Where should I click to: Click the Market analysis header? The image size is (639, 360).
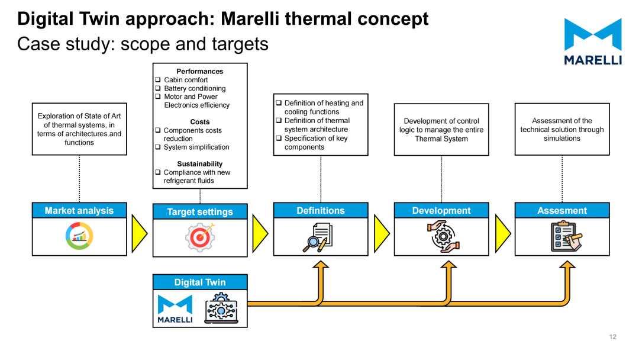pos(79,210)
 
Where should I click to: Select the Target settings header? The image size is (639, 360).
pos(200,211)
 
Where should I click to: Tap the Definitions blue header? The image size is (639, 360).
pos(321,210)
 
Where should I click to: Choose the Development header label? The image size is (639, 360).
pos(441,210)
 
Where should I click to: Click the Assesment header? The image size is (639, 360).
pos(562,210)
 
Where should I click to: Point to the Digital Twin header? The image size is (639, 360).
pos(200,282)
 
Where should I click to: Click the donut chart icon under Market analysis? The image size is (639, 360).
pos(79,236)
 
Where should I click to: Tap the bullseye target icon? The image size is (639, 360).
pos(200,237)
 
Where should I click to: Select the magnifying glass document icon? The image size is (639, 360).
pos(318,237)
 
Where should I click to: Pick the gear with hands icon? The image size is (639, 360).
pos(443,236)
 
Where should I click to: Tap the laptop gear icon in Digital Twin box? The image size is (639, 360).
pos(221,308)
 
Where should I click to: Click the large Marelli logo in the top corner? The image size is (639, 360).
pos(593,41)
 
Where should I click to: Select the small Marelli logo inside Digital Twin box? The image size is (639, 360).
pos(175,309)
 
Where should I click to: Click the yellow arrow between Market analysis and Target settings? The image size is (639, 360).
pos(140,233)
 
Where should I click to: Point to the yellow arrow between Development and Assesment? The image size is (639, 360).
pos(503,233)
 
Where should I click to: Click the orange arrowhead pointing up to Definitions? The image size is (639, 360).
pos(321,265)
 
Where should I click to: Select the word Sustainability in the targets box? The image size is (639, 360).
pos(200,164)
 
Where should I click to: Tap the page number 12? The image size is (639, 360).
pos(613,337)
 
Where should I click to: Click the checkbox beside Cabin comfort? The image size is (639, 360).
pos(158,79)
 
